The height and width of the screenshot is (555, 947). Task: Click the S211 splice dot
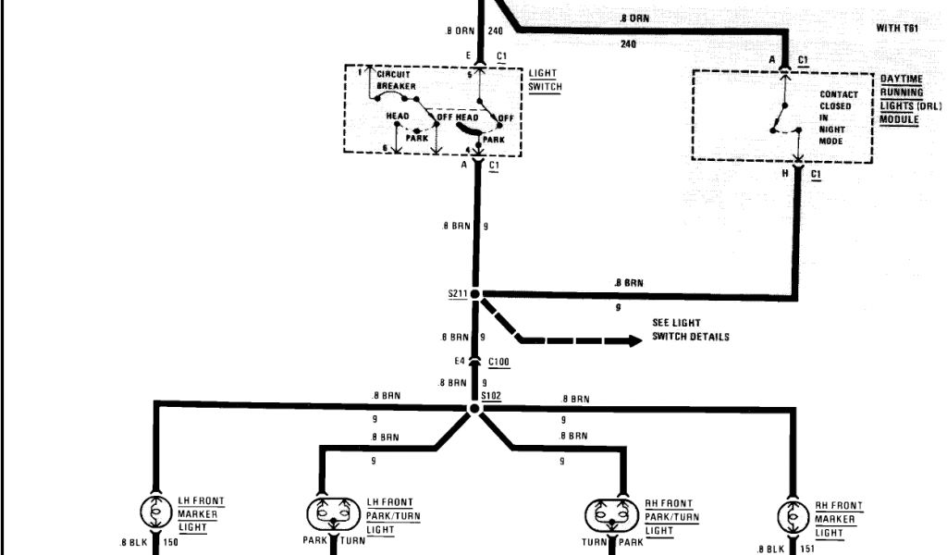click(x=476, y=294)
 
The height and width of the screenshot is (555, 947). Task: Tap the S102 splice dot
click(x=475, y=408)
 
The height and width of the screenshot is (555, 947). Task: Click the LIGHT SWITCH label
click(x=545, y=80)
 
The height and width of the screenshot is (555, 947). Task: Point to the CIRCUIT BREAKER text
click(x=396, y=80)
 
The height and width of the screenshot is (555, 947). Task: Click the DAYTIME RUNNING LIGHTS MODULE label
click(x=909, y=101)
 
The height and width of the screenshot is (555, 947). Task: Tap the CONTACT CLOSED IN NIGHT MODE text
click(x=838, y=118)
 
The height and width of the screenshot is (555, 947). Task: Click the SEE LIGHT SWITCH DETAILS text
click(x=690, y=329)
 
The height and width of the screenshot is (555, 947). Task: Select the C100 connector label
click(x=500, y=361)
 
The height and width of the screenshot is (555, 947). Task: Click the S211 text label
click(x=457, y=294)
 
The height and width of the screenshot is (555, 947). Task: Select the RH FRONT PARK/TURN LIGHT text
click(x=671, y=518)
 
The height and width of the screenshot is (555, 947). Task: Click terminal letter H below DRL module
click(x=784, y=173)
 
